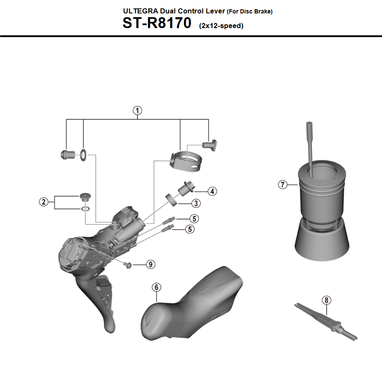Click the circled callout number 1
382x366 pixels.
pos(137,111)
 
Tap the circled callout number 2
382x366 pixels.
pos(43,202)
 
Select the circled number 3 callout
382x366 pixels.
pos(195,204)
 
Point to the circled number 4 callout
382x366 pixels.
pos(212,191)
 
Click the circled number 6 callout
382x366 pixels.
pos(156,287)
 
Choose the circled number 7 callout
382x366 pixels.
pos(283,184)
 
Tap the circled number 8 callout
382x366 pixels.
pos(327,300)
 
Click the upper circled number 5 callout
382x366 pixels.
pos(194,218)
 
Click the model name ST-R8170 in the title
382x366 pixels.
pos(157,23)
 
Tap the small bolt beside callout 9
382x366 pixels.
pos(128,265)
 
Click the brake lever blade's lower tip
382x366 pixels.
pos(109,327)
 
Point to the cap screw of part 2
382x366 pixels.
pos(85,196)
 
